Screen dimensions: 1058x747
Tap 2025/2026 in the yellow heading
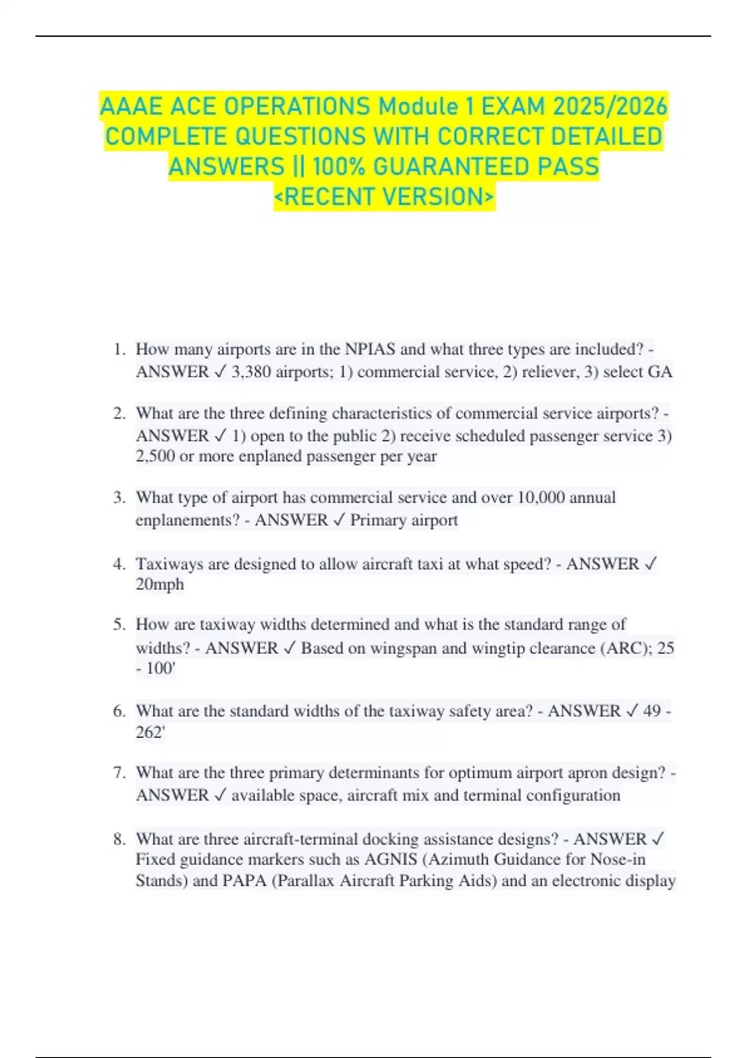(610, 106)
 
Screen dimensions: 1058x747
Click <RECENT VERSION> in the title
(384, 197)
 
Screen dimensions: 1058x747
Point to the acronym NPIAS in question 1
(370, 349)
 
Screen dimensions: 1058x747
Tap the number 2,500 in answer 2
(155, 456)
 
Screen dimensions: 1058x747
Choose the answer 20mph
(160, 584)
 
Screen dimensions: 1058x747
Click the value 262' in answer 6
(150, 732)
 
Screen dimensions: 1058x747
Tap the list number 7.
(119, 773)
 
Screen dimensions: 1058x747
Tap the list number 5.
(119, 624)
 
